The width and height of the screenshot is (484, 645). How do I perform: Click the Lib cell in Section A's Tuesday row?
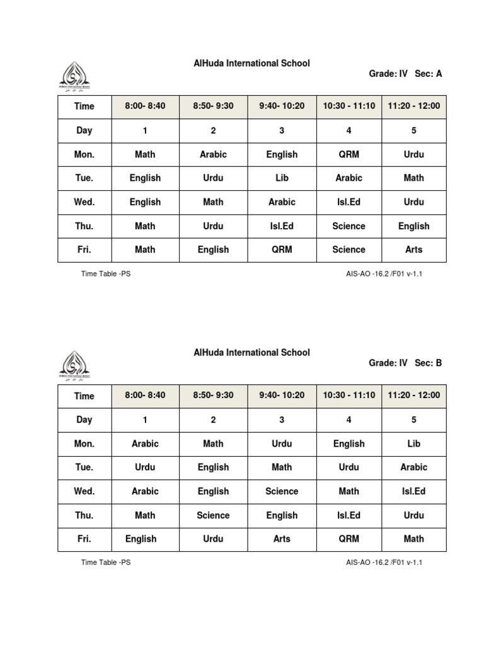click(282, 178)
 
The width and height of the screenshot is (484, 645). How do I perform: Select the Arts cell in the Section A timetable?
click(413, 249)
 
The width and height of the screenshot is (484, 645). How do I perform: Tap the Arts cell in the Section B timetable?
click(282, 539)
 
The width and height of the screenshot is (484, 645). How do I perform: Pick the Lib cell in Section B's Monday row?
click(413, 443)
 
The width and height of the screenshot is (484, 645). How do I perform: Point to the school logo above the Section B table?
click(74, 367)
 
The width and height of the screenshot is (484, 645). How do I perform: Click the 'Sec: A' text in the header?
click(429, 74)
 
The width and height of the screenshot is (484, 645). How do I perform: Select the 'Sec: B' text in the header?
click(429, 363)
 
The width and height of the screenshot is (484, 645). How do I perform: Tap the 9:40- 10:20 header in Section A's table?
click(282, 106)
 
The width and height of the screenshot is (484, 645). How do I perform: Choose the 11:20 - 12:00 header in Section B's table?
click(413, 396)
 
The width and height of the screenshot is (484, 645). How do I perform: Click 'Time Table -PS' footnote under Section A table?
click(106, 274)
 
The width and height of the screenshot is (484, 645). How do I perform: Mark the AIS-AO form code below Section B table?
click(384, 562)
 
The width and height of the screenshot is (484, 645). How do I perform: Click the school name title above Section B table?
click(251, 353)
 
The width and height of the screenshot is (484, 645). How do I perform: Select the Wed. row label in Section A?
click(84, 202)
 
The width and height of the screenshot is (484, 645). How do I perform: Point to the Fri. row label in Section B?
click(84, 539)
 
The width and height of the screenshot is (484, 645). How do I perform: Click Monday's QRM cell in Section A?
click(349, 154)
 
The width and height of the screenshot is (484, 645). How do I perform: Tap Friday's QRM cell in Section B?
click(349, 539)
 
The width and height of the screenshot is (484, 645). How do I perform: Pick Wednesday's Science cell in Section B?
click(282, 491)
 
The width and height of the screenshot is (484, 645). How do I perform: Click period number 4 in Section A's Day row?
click(349, 130)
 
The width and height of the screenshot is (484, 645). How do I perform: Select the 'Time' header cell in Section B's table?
click(84, 396)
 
